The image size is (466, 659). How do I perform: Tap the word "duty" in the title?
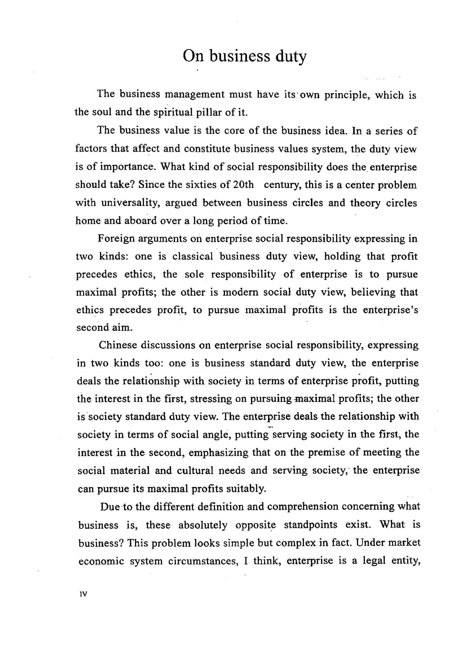coord(291,57)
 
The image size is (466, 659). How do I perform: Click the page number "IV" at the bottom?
coord(83,594)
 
